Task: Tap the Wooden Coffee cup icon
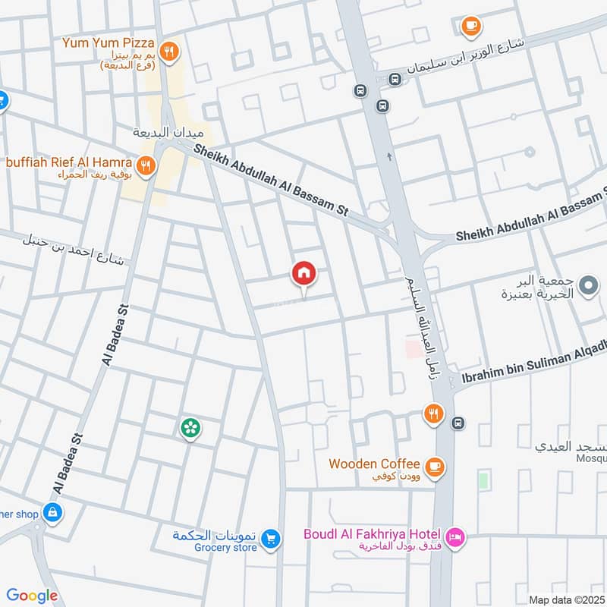click(x=434, y=466)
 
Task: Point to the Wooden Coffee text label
click(x=373, y=464)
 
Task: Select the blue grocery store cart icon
click(x=271, y=539)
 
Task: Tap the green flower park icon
click(x=190, y=429)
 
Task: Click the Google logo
click(x=33, y=596)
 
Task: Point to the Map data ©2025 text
click(x=566, y=599)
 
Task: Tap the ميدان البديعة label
click(x=159, y=132)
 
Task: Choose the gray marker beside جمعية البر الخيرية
click(x=587, y=286)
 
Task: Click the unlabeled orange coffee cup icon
click(x=470, y=27)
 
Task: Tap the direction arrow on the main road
click(x=390, y=156)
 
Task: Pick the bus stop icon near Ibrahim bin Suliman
click(x=458, y=423)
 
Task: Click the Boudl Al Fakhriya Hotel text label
click(x=373, y=534)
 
